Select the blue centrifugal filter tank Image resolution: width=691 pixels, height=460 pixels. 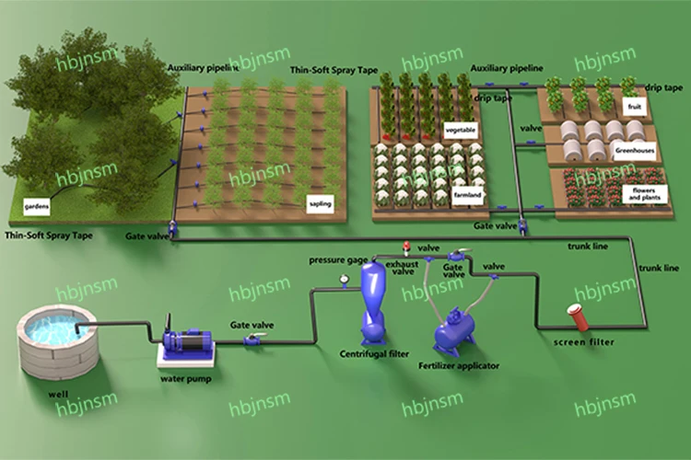point(374,299)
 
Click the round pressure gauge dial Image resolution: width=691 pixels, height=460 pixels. point(344,279)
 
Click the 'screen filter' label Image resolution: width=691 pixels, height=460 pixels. point(584,342)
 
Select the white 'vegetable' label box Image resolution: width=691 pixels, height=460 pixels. point(461,130)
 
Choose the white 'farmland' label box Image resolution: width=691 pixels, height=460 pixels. point(468,195)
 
